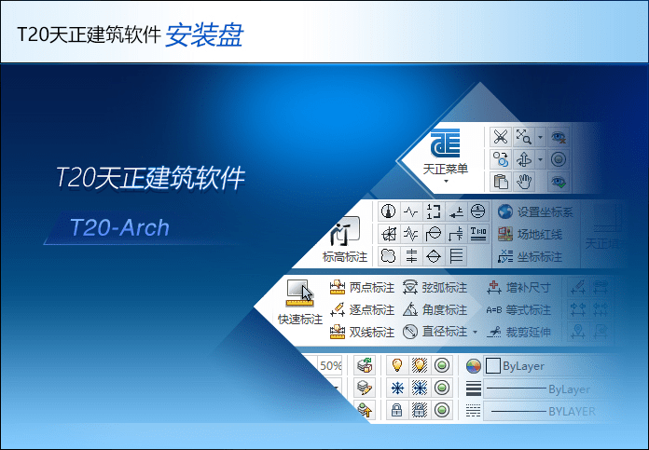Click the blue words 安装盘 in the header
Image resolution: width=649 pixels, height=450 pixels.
click(x=204, y=34)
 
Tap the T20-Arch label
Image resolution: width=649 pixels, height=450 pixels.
click(x=119, y=227)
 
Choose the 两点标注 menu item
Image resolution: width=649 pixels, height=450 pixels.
click(x=363, y=287)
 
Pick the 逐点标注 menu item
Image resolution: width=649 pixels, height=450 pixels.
click(x=363, y=309)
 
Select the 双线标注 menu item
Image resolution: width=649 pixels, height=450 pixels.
click(x=363, y=332)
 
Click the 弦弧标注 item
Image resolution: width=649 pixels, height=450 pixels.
click(x=435, y=287)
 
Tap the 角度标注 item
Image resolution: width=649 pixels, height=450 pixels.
click(x=435, y=309)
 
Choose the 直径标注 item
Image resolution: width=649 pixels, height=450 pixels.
click(x=435, y=332)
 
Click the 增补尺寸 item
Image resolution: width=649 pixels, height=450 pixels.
click(x=518, y=287)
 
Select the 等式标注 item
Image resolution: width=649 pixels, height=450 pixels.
click(x=518, y=309)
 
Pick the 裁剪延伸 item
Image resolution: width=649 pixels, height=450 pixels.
click(x=518, y=332)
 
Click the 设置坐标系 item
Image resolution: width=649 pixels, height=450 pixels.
click(x=535, y=211)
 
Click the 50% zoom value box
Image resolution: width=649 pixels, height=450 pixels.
click(x=331, y=366)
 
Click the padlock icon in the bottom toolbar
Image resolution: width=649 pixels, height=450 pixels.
click(x=396, y=410)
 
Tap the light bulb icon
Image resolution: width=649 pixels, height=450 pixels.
click(x=396, y=365)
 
